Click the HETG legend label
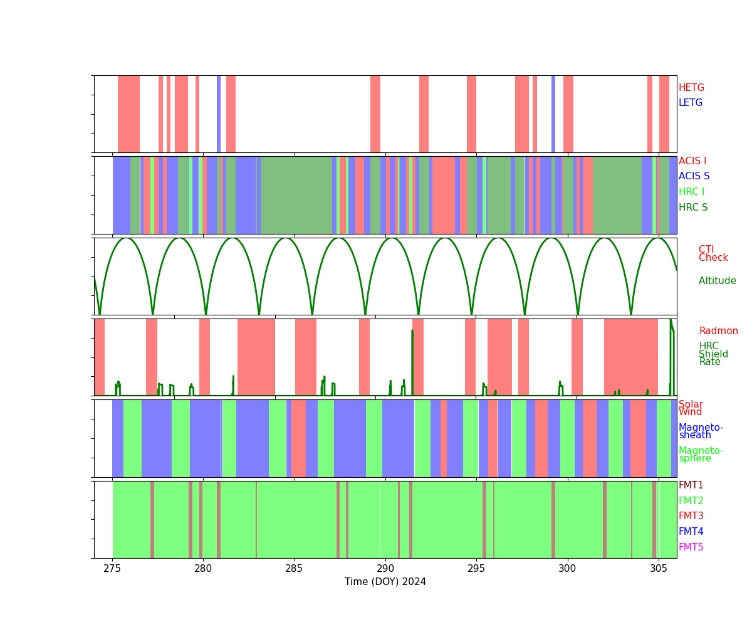coord(691,88)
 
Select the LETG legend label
coord(691,103)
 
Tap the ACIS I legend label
coord(692,161)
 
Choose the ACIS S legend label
coord(694,176)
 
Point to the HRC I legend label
coord(691,192)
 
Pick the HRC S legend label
coord(692,208)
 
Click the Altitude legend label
coord(717,281)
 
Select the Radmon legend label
coord(718,331)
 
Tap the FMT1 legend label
coord(691,485)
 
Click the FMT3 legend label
coord(691,516)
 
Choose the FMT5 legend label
coord(691,547)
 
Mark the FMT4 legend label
coord(691,532)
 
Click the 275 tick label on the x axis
coord(112,568)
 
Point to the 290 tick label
coord(385,568)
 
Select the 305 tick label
coord(659,568)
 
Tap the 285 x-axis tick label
coord(295,568)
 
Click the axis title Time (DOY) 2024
coord(385,582)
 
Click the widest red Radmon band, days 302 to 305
coord(630,357)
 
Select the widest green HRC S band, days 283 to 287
coord(296,195)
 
